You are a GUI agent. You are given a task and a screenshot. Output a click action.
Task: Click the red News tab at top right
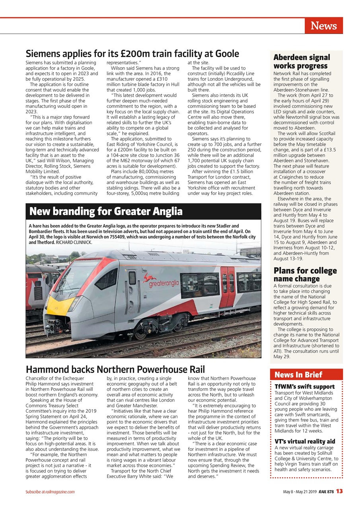[323, 26]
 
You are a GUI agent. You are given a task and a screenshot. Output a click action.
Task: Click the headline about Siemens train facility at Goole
[132, 54]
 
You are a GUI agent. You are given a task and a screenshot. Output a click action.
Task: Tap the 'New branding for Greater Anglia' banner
[106, 211]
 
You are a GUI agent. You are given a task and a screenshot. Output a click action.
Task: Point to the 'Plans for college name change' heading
[305, 274]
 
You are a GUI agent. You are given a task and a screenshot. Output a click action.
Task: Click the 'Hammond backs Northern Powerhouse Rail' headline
[115, 369]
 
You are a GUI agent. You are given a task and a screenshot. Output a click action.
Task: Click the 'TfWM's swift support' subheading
[304, 387]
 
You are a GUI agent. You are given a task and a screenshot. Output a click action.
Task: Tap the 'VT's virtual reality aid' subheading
[305, 441]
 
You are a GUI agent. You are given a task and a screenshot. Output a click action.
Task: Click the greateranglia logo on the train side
[161, 281]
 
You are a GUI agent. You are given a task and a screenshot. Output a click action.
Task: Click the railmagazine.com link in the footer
[60, 492]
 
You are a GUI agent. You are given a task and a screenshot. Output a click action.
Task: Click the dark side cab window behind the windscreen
[106, 279]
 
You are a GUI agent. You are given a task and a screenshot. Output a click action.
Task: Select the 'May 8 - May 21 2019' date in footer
[300, 492]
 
